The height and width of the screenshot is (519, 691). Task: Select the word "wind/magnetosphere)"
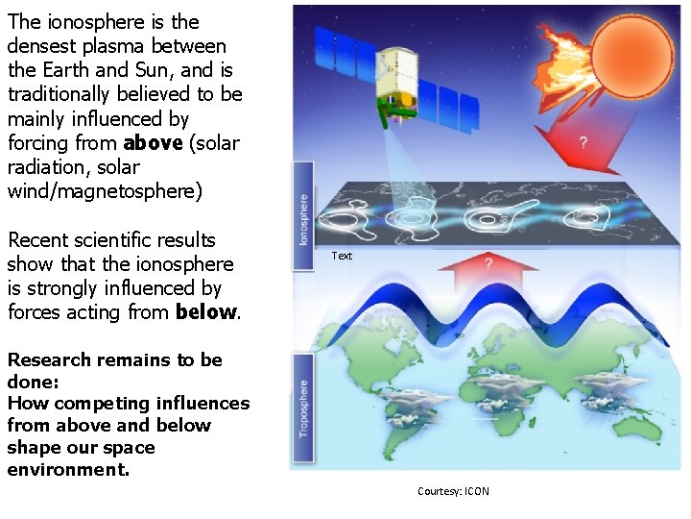pos(105,191)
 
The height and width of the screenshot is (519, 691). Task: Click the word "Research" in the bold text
pos(49,360)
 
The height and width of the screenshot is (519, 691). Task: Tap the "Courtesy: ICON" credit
pos(453,491)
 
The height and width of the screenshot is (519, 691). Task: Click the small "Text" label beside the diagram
pos(342,256)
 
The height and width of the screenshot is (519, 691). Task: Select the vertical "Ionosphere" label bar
pos(303,215)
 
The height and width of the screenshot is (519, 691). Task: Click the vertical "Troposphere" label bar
pos(303,408)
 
